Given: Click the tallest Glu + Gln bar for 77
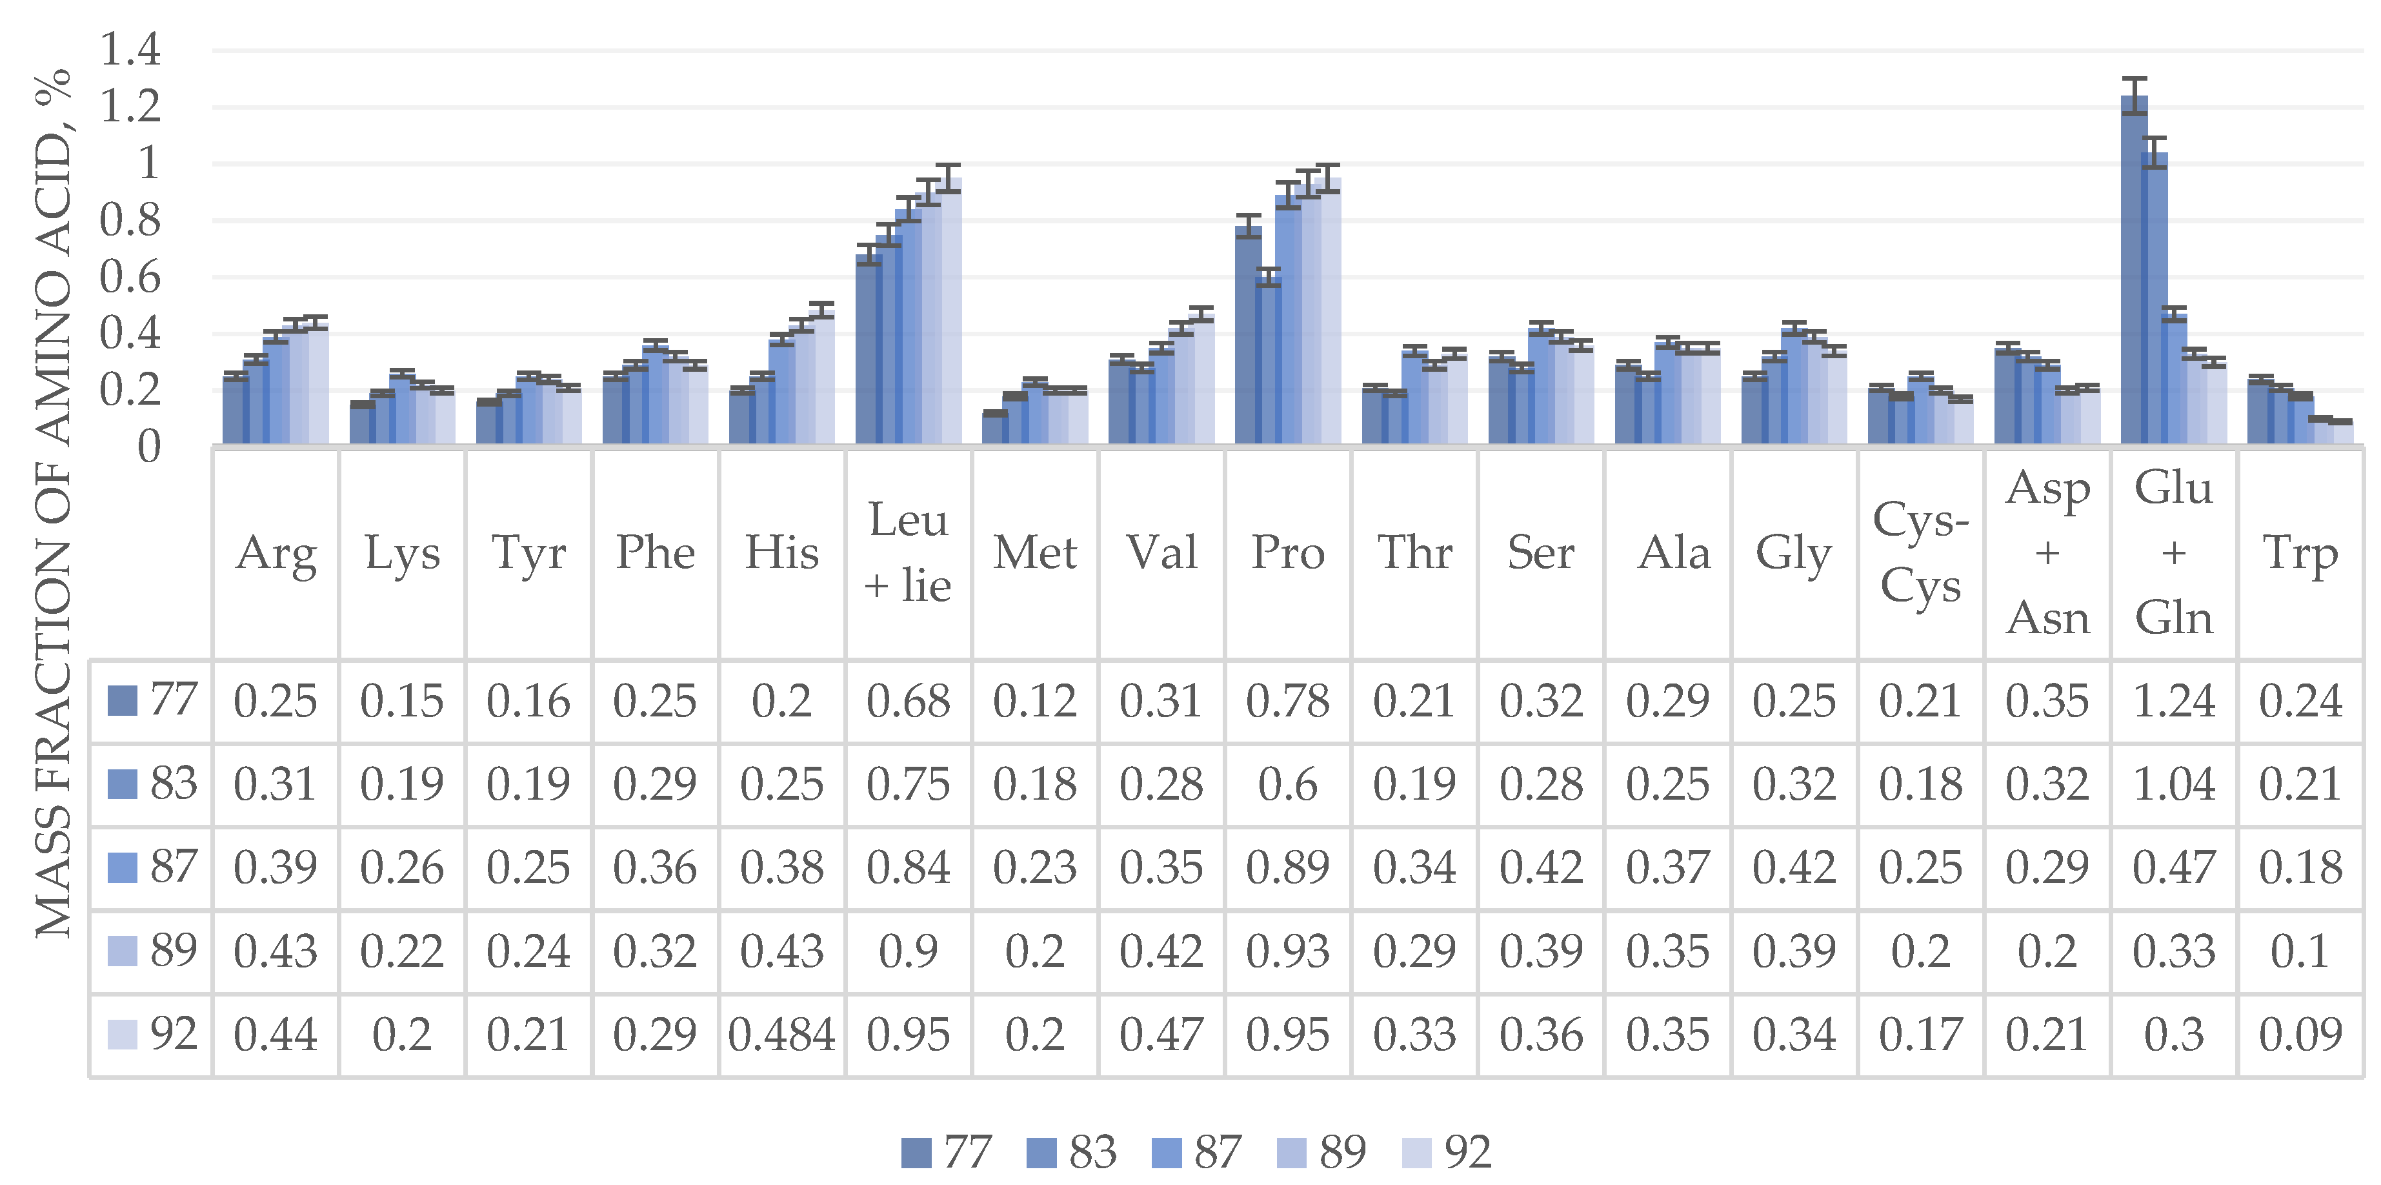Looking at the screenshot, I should (2133, 272).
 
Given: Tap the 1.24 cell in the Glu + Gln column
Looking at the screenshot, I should (2174, 701).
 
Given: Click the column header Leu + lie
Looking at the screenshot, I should (908, 552).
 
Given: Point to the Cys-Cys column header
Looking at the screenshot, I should (1921, 552).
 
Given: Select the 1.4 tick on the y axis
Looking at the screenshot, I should (130, 50).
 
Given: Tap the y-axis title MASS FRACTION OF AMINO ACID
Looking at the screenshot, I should (54, 504).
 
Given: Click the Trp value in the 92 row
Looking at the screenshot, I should (2300, 1035).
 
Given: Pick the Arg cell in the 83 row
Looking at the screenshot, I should (276, 784).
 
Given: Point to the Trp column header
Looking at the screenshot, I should (2300, 552).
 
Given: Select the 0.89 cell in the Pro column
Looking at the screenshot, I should (1287, 867).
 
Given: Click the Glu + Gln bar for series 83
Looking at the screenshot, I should (2154, 300).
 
